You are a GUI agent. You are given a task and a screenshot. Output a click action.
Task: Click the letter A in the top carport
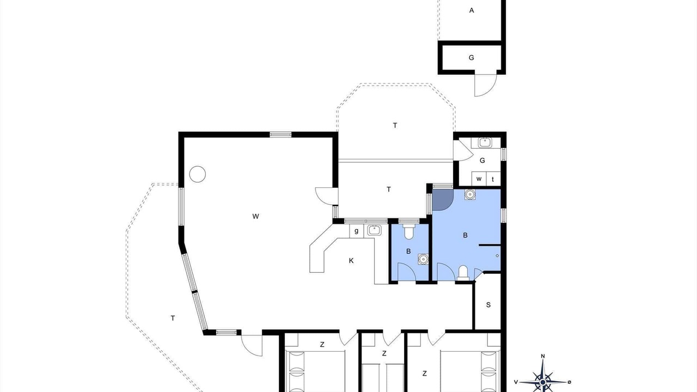472,10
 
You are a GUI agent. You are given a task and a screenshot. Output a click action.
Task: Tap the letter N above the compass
543,356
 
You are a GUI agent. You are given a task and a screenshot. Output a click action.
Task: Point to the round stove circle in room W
198,174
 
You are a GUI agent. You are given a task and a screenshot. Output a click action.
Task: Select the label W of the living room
255,217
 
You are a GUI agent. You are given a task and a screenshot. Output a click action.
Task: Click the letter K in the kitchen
351,261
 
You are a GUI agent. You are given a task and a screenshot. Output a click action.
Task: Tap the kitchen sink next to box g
374,230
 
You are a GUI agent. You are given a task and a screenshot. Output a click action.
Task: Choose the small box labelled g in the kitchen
356,231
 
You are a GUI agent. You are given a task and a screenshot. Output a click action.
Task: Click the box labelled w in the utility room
479,179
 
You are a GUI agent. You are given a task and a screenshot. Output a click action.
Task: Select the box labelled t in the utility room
493,179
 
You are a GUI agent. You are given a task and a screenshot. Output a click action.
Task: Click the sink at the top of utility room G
485,143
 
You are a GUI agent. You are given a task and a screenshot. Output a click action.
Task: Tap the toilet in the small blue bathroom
408,232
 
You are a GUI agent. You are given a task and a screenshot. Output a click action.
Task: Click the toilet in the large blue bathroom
463,273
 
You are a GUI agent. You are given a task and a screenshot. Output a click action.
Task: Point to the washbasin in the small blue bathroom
423,259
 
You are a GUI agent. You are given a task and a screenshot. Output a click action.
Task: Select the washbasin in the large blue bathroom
470,194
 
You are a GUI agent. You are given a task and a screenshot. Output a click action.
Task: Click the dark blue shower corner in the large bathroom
441,199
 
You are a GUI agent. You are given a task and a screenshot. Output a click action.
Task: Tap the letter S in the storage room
488,305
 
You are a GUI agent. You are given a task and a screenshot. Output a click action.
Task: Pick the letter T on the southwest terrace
173,318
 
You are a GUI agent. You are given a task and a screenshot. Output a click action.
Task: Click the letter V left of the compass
516,382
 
